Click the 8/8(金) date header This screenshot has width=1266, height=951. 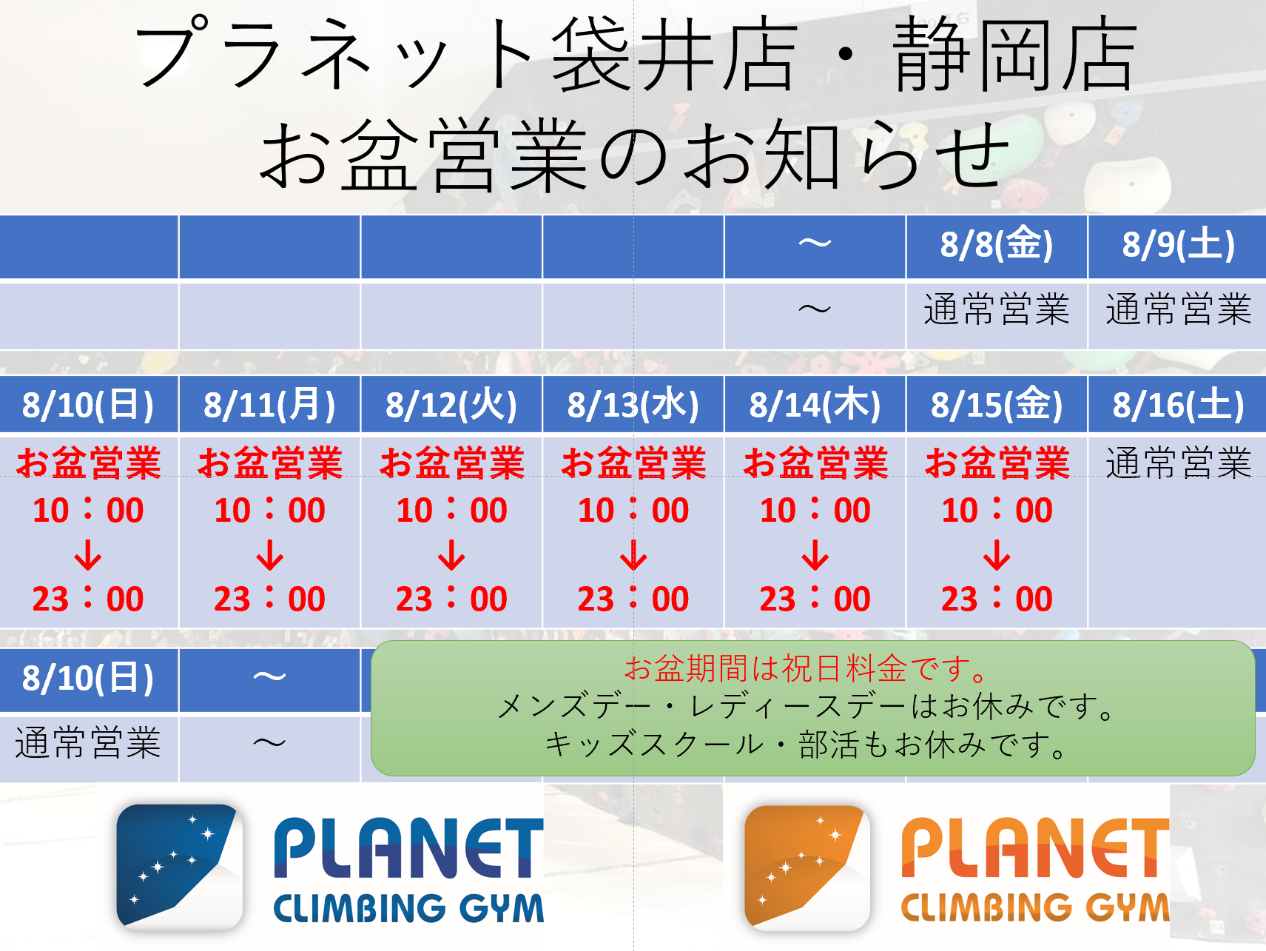click(997, 245)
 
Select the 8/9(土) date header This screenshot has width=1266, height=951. click(1178, 245)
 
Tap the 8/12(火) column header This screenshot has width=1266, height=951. click(451, 405)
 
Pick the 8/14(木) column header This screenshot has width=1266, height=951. click(815, 405)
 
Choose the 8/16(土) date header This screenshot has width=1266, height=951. click(1178, 405)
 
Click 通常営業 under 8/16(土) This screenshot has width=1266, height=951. click(1178, 463)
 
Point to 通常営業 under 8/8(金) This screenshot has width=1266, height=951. click(997, 309)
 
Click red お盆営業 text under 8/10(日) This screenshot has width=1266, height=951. click(89, 463)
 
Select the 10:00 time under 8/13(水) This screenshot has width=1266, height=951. click(633, 510)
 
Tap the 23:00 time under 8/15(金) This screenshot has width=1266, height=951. click(997, 599)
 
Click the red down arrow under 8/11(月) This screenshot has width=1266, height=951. click(270, 555)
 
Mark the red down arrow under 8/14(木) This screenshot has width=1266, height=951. click(815, 555)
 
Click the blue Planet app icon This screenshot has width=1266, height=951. click(180, 867)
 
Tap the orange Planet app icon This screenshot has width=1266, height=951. click(807, 867)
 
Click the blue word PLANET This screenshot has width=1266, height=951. click(408, 848)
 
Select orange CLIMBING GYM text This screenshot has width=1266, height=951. click(1035, 907)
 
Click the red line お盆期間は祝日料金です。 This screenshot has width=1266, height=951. click(807, 668)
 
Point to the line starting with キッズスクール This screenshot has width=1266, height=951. click(807, 745)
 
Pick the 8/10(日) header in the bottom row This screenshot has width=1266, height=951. click(88, 678)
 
